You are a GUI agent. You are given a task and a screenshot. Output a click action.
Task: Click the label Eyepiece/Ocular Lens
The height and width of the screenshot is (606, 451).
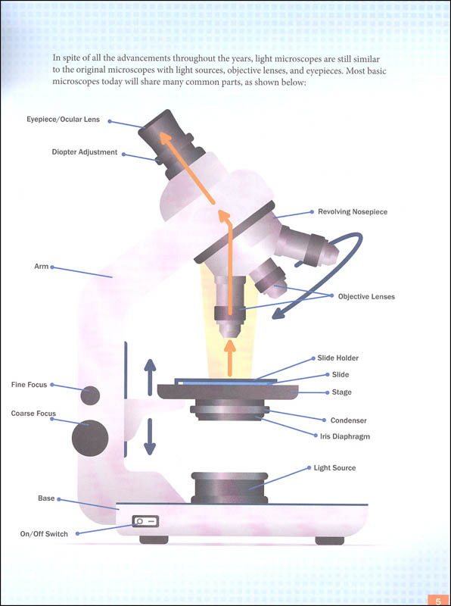63,120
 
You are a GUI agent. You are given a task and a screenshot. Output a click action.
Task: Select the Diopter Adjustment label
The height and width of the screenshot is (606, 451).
84,152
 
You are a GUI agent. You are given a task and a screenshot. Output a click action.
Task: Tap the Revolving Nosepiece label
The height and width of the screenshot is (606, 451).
352,212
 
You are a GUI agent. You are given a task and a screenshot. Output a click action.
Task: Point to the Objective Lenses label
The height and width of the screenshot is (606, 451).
366,296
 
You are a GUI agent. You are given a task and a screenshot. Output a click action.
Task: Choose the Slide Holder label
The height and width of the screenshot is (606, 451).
337,358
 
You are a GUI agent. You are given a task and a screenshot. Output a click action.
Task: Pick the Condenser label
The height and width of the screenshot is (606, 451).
348,420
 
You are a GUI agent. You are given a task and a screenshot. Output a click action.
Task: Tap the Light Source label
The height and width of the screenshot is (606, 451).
334,468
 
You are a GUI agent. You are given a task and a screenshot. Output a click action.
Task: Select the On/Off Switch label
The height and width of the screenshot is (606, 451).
44,534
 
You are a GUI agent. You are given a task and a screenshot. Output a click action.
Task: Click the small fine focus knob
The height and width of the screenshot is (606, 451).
91,395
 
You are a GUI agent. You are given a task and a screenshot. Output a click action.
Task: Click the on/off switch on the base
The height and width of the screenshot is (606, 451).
145,521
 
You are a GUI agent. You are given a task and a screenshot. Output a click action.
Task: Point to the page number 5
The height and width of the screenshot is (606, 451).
437,601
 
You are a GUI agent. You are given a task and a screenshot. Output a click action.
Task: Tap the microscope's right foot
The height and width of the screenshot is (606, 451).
328,540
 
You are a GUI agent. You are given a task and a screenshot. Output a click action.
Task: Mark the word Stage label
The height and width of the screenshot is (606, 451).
341,392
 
